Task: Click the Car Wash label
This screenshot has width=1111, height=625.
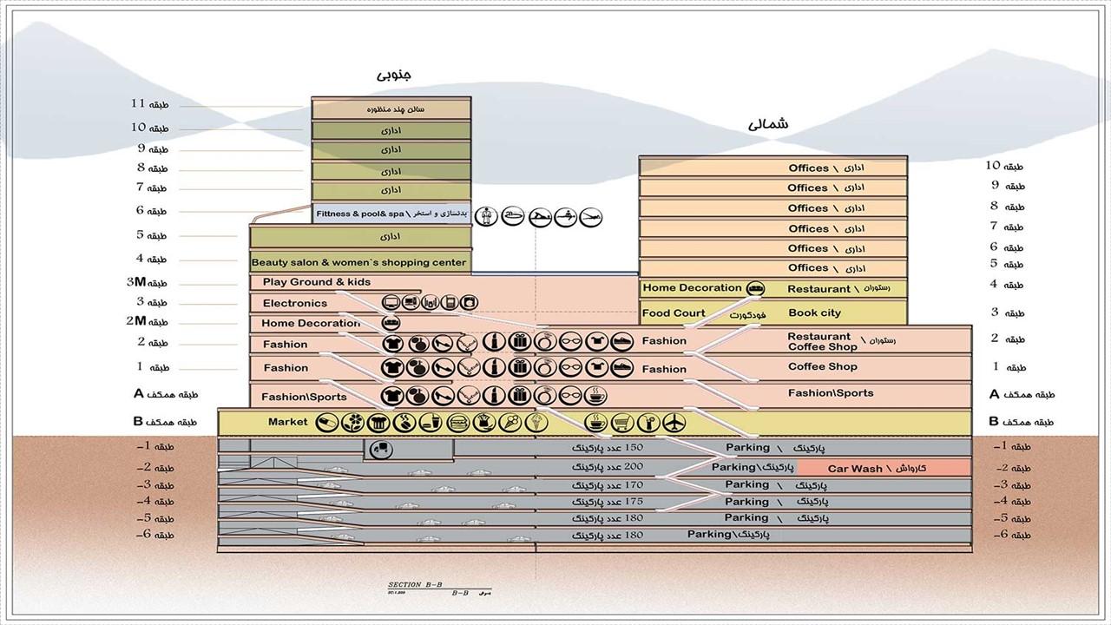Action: (x=854, y=469)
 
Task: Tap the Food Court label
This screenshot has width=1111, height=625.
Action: (x=674, y=313)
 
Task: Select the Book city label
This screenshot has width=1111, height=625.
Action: (x=814, y=313)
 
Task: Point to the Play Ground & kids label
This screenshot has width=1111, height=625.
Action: (x=317, y=282)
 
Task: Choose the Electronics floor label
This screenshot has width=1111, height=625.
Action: (x=295, y=303)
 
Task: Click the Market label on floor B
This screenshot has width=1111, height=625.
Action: (x=288, y=422)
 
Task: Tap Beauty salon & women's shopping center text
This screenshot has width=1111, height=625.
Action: (x=358, y=262)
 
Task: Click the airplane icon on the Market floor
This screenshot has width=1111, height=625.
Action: (x=673, y=423)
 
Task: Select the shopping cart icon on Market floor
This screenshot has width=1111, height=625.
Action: (x=621, y=423)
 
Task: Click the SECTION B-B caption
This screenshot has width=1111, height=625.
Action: (x=416, y=587)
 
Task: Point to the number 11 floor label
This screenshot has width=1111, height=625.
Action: (x=137, y=104)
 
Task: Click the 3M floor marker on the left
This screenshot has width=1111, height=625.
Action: (x=135, y=282)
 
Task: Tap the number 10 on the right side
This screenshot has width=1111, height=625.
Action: (x=993, y=165)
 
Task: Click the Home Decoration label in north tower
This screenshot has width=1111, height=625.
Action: (x=692, y=288)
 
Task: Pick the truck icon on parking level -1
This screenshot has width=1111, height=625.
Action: (x=378, y=449)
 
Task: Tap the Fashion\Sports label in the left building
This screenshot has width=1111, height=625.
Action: (x=304, y=397)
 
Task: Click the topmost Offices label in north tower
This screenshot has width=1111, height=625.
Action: (x=808, y=168)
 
